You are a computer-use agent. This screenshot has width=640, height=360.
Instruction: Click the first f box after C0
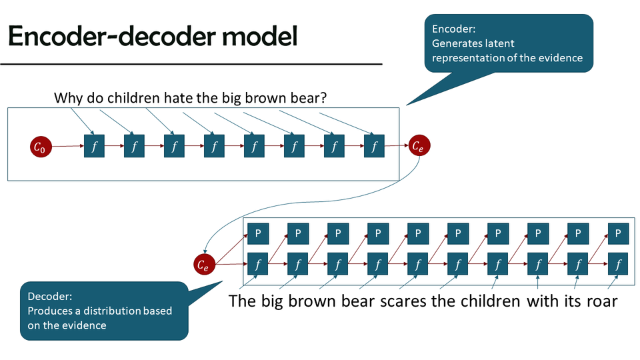coord(94,146)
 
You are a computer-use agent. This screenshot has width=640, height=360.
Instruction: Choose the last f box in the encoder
coord(374,146)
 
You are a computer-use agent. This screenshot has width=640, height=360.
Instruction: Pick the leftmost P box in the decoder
coord(258,233)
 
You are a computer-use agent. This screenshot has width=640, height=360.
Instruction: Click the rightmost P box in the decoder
coord(618,233)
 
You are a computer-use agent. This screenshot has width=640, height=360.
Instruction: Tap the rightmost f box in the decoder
coord(618,265)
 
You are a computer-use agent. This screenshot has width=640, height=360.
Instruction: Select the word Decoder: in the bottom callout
coord(49,297)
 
